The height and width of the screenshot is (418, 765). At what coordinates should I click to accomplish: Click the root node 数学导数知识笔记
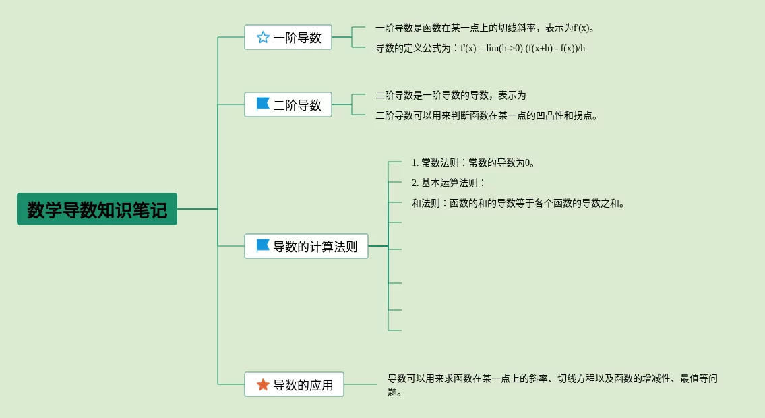click(97, 209)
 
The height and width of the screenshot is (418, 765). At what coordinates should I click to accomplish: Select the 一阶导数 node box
click(288, 37)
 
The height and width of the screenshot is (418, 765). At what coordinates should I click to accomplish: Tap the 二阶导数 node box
click(288, 104)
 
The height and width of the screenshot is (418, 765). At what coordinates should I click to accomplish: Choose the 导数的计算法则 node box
click(306, 246)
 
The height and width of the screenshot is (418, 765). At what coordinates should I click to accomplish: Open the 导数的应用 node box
click(294, 384)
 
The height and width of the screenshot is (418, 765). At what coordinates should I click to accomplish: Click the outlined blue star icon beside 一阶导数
click(263, 37)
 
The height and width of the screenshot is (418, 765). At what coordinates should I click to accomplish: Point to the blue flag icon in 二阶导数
click(263, 104)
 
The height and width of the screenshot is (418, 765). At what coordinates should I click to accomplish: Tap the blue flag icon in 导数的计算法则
click(263, 246)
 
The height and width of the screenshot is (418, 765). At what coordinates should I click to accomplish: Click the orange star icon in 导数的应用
click(263, 384)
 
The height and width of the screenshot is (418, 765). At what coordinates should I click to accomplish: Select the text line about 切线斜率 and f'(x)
click(485, 28)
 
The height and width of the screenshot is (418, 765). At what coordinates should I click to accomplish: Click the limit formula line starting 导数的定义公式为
click(480, 48)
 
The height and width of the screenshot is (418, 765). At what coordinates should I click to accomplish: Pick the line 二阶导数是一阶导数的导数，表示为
click(450, 95)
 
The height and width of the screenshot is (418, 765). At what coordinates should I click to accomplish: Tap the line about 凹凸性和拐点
click(487, 115)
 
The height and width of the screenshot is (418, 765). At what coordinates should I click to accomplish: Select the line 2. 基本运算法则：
click(449, 183)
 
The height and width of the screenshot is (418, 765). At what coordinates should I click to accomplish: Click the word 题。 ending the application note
click(395, 392)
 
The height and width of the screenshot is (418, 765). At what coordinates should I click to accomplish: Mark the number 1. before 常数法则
click(415, 162)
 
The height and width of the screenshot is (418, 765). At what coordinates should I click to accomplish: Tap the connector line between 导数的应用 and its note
click(361, 384)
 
